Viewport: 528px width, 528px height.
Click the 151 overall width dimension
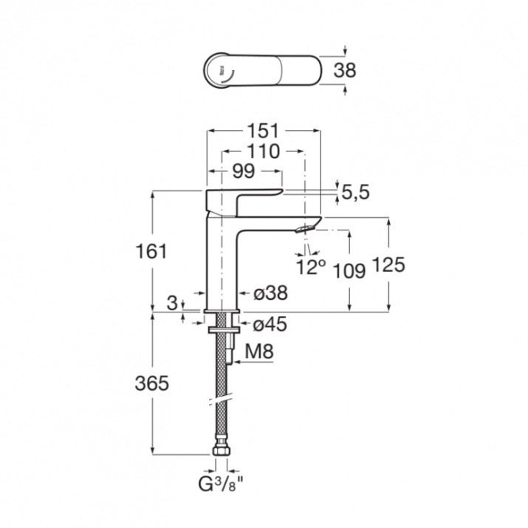(264, 130)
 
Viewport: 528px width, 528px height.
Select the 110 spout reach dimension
(264, 151)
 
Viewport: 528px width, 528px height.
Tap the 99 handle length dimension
(244, 172)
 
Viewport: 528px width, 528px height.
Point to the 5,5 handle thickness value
(356, 193)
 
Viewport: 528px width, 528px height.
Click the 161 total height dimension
(151, 251)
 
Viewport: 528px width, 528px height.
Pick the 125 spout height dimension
(389, 264)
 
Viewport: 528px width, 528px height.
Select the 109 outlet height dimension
(349, 270)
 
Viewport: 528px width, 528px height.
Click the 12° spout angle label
(311, 267)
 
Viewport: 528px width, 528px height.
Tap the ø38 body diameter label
(271, 293)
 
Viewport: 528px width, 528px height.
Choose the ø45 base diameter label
(271, 324)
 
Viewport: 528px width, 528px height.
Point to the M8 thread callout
(259, 352)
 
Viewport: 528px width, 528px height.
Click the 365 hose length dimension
(151, 383)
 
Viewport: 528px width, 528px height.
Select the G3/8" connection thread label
(221, 485)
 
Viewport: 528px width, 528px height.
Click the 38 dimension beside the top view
(344, 71)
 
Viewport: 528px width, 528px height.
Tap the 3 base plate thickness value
(172, 303)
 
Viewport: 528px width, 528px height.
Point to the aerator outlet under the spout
(305, 229)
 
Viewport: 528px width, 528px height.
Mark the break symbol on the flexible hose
(221, 400)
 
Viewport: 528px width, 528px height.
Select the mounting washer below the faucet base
(222, 329)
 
